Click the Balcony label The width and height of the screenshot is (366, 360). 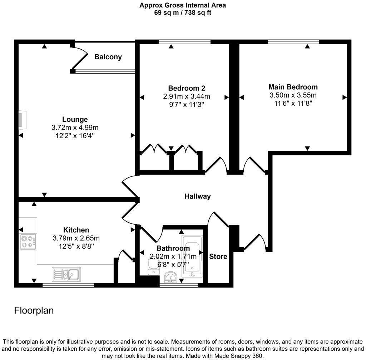pos(108,57)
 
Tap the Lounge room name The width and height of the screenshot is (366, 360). pos(75,119)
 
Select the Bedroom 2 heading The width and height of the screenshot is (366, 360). pos(187,88)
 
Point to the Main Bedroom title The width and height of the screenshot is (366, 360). pos(293,87)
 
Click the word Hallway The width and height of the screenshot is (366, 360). pos(197,196)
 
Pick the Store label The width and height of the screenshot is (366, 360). pos(218,256)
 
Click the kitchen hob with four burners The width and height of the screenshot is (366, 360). pos(27,242)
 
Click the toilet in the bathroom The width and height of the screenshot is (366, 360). pos(153,267)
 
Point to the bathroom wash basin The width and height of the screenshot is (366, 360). pos(170,277)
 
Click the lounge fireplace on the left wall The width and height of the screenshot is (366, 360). pos(23,119)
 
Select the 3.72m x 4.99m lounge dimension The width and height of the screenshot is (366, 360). pos(75,127)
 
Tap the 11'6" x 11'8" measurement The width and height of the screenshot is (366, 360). pos(293,103)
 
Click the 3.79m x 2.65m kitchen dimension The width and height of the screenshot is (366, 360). pos(76,238)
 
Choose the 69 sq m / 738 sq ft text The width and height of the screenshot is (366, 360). pos(183,12)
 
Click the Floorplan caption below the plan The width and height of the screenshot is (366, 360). pos(34,310)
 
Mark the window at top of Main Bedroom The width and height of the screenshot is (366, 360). pos(293,42)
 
